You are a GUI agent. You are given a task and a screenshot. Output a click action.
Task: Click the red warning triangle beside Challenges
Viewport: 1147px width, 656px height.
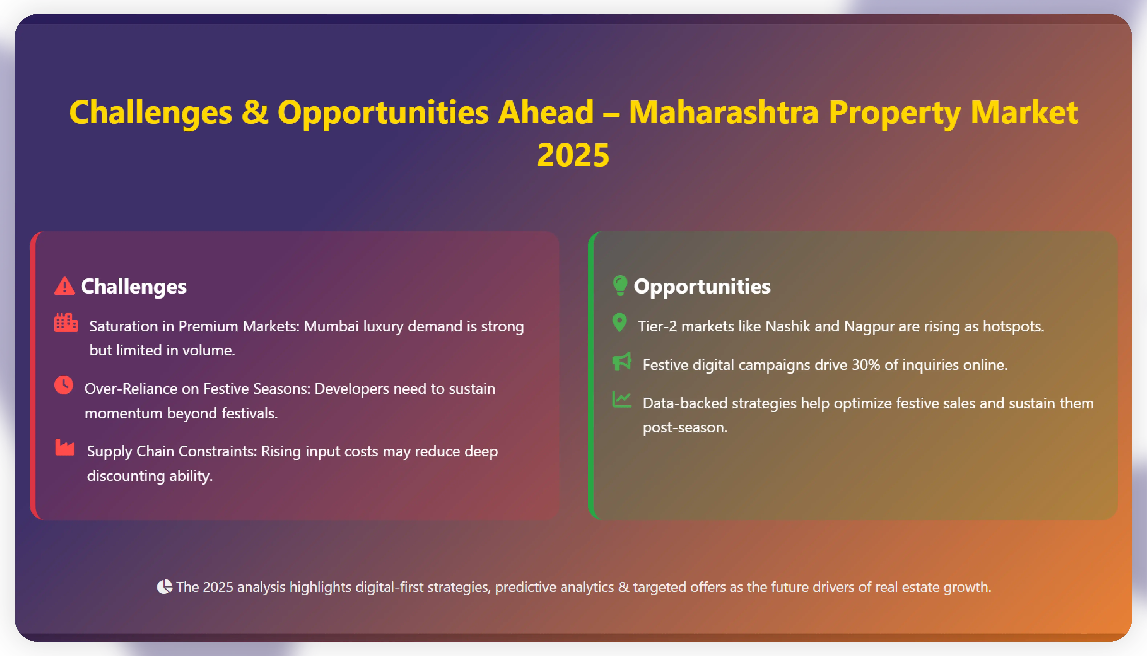coord(64,286)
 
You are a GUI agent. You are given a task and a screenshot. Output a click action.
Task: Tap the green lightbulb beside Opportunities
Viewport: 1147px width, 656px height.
coord(620,286)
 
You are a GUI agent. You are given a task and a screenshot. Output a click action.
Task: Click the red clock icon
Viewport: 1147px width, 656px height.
coord(64,385)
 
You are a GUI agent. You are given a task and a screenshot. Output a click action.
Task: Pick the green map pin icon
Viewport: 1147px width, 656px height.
coord(620,323)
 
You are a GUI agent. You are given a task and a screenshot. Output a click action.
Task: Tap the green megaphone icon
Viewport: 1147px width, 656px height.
coord(622,361)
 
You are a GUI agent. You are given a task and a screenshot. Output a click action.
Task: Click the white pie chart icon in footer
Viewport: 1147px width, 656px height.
coord(164,587)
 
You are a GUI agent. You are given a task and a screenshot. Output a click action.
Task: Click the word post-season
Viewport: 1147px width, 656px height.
coord(685,427)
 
